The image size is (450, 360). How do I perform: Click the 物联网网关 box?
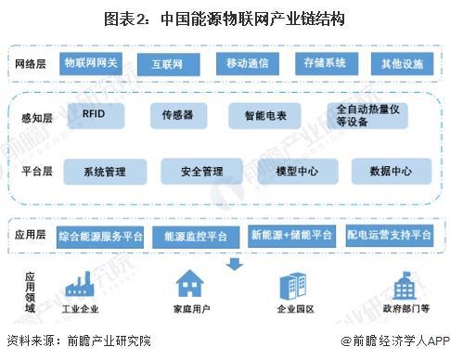(91, 63)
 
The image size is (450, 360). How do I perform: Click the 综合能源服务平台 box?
(100, 236)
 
